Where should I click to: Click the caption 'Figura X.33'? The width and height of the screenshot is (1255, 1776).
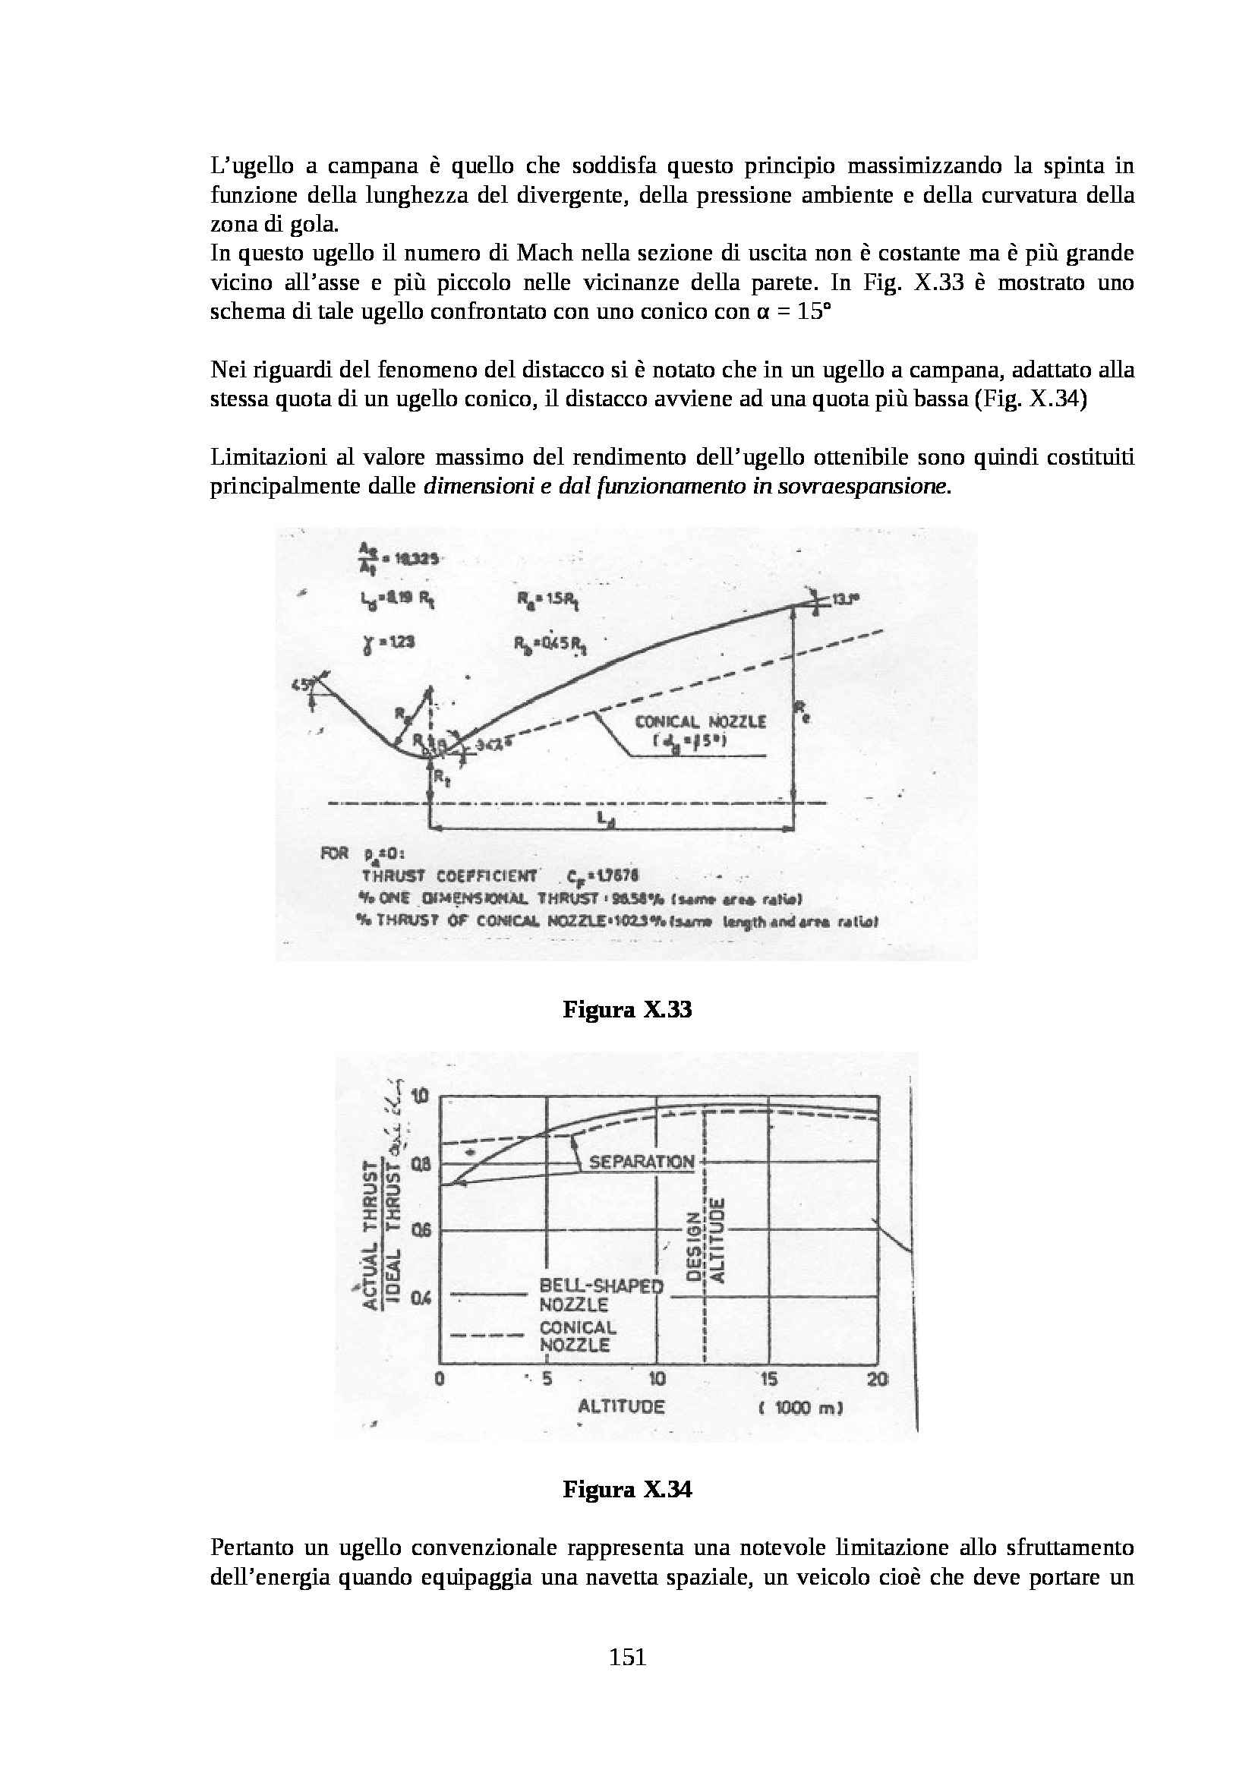pos(627,1009)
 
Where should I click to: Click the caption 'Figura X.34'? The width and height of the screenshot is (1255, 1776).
pos(627,1489)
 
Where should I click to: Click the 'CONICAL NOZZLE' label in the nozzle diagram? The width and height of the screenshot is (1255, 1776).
pos(700,721)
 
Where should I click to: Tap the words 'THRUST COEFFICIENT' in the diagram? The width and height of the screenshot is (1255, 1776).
pos(449,875)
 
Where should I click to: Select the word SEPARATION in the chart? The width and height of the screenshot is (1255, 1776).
pos(642,1162)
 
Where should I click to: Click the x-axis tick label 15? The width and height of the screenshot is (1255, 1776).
pos(768,1378)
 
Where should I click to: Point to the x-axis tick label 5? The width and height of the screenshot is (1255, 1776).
pos(547,1378)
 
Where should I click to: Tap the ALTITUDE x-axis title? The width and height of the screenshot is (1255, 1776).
pos(621,1406)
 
